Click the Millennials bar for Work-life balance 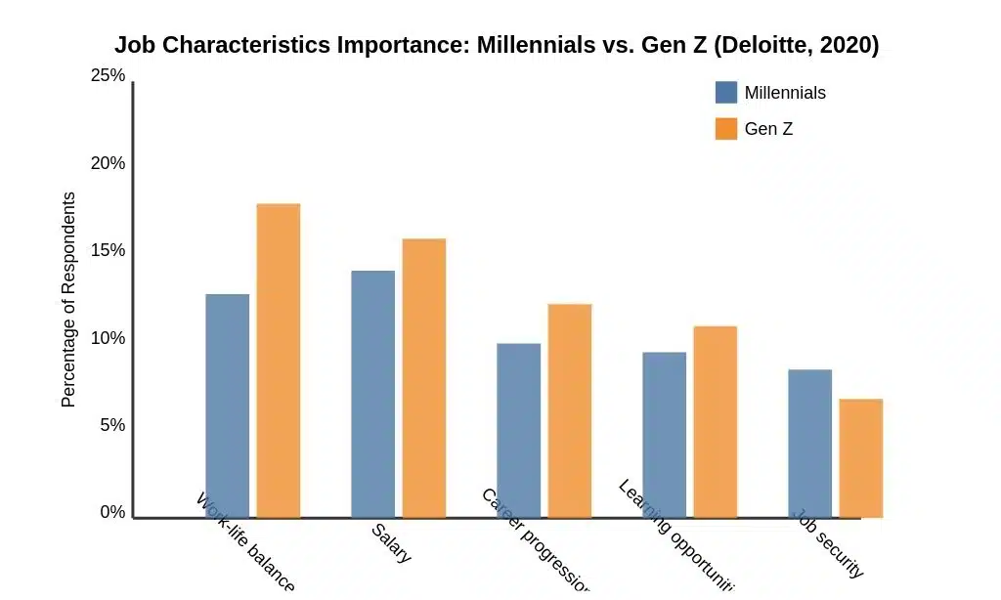click(227, 406)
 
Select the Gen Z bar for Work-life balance click(278, 361)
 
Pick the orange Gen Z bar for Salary click(423, 378)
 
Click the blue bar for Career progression click(518, 430)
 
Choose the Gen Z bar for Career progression click(569, 410)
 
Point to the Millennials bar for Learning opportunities click(664, 435)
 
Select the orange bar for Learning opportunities click(715, 421)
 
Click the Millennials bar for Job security click(809, 444)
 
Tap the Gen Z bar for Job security click(860, 458)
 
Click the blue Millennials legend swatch click(725, 93)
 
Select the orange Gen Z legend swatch click(725, 128)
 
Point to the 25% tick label click(108, 75)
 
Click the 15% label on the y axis click(108, 250)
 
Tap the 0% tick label click(112, 512)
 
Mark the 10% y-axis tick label click(108, 338)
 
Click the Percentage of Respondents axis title click(68, 299)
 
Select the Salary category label click(391, 543)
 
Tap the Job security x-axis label click(827, 543)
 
